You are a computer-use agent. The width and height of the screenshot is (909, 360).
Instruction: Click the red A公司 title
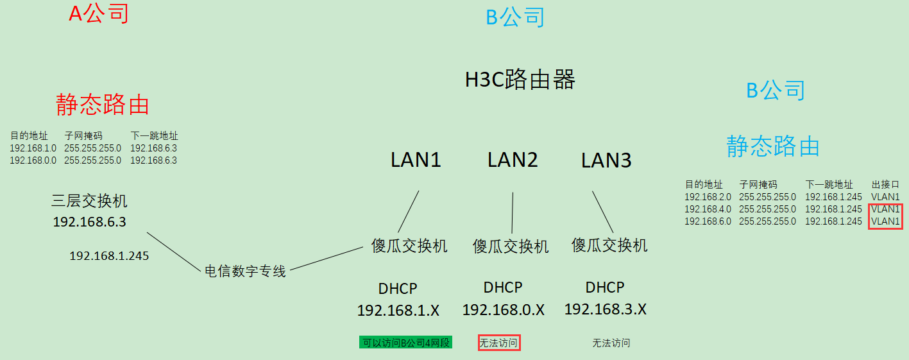[x=99, y=13]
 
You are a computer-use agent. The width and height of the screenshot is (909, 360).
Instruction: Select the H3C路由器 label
[x=520, y=80]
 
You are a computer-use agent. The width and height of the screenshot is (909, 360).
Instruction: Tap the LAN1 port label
[x=416, y=160]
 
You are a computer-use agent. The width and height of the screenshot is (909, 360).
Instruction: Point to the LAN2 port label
[x=513, y=160]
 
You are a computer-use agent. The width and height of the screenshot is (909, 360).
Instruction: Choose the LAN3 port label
[x=606, y=160]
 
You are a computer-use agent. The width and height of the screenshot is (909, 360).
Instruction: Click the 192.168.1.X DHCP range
[x=398, y=311]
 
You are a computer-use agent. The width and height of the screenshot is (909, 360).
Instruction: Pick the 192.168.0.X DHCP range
[x=503, y=310]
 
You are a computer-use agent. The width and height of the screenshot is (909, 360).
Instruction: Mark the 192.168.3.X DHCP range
[x=605, y=309]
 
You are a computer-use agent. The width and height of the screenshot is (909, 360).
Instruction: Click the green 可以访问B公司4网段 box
[x=405, y=343]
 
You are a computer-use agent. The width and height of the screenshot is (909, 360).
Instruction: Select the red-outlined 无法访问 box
[x=498, y=343]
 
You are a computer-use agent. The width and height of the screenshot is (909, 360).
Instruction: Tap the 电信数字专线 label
[x=245, y=271]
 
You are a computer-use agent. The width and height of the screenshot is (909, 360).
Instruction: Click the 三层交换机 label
[x=89, y=201]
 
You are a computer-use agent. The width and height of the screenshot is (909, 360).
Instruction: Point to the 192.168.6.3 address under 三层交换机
[x=89, y=222]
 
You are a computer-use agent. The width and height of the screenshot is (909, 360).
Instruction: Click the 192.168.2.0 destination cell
[x=702, y=197]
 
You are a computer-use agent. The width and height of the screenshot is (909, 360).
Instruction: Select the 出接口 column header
[x=885, y=185]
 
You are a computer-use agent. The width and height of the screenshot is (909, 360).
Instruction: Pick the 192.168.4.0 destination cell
[x=702, y=209]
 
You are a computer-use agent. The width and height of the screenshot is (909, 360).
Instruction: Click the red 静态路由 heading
[x=103, y=104]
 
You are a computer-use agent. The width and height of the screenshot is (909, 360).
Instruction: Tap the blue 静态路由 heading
[x=773, y=146]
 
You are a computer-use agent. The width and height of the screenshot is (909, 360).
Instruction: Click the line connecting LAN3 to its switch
[x=603, y=212]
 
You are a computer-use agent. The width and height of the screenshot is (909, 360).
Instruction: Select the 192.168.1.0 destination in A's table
[x=33, y=148]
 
